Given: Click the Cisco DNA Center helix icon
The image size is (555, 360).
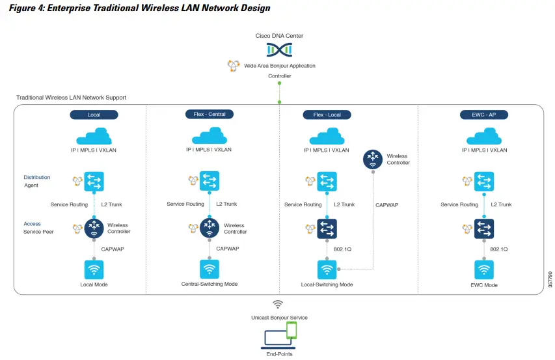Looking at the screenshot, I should (x=279, y=49).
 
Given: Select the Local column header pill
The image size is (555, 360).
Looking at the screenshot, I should (x=94, y=115).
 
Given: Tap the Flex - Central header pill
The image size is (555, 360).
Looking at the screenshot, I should (x=209, y=114).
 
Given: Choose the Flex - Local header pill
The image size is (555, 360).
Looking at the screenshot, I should (x=327, y=115).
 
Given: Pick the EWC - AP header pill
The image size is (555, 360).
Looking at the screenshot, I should (x=484, y=115).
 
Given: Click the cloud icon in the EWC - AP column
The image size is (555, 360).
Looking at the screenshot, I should (x=484, y=137).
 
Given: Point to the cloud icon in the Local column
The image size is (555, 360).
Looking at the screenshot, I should (x=94, y=137).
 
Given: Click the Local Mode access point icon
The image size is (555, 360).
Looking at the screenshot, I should (x=94, y=270).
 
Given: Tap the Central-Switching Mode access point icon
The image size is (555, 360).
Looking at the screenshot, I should (x=209, y=269).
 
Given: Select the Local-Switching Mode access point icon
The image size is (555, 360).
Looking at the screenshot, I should (x=327, y=270).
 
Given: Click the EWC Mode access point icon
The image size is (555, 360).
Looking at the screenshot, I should (x=483, y=270).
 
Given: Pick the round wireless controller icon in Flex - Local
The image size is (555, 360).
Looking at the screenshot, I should (x=373, y=158).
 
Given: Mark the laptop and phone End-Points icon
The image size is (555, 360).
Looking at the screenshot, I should (x=279, y=337).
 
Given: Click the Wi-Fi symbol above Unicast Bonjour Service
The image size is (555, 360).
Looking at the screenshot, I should (x=278, y=305).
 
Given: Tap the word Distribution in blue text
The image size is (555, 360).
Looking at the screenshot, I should (x=37, y=177).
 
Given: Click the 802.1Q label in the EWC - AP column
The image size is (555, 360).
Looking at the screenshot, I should (x=499, y=249).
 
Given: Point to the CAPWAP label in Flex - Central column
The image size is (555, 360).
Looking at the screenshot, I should (x=227, y=248).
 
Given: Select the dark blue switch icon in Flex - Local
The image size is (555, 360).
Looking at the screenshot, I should (x=327, y=228).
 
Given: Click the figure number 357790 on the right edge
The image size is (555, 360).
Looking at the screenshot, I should (x=550, y=281).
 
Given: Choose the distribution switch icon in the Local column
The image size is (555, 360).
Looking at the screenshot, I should (x=94, y=181).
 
